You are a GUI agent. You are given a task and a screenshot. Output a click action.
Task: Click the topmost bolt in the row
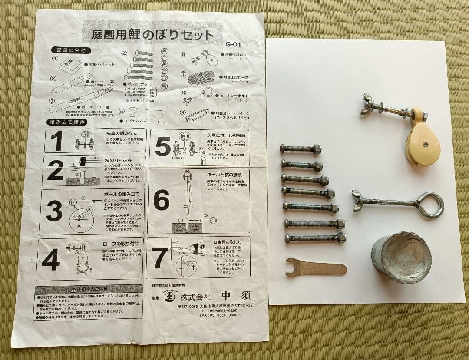click(301, 149)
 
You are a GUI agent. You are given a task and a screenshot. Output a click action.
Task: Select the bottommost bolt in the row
click(315, 238)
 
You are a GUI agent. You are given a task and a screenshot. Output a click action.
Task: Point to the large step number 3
click(54, 211)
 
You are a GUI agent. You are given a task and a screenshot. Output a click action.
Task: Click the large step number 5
click(163, 148)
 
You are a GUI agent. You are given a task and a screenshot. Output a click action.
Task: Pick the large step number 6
click(161, 200)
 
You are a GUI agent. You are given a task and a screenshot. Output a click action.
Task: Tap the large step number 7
click(160, 258)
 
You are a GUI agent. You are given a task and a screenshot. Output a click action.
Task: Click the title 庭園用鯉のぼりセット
click(153, 35)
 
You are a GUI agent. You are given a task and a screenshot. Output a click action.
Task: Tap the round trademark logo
click(169, 297)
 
